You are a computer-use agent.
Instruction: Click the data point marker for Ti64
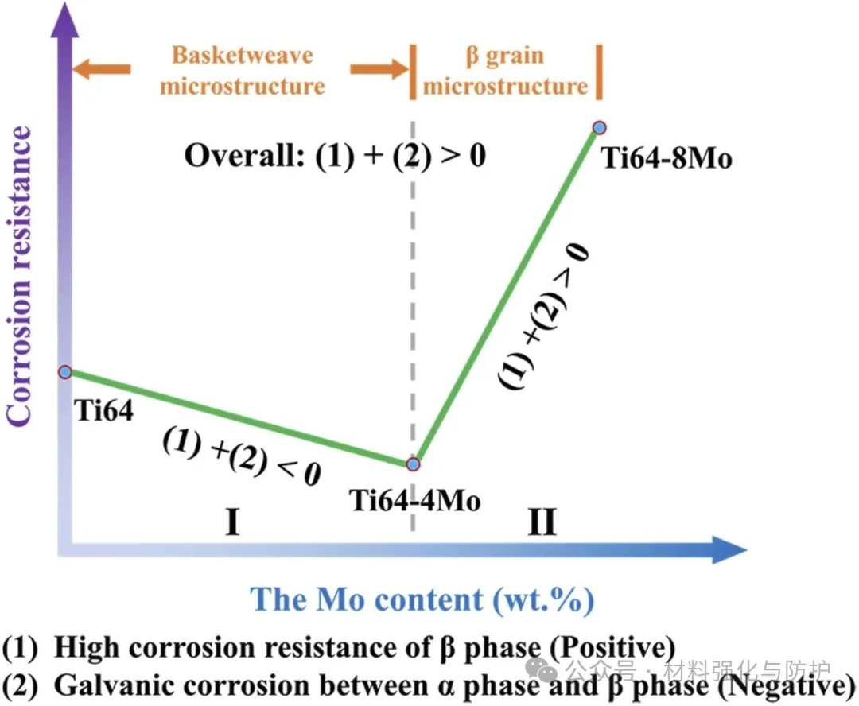click(x=66, y=371)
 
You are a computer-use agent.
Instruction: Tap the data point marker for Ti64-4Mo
click(x=413, y=464)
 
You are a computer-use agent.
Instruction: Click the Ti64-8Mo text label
click(x=666, y=158)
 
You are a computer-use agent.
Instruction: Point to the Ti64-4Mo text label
click(x=415, y=501)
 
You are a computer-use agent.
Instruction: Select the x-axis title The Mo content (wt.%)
click(x=422, y=599)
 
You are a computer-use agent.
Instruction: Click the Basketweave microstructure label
click(x=243, y=70)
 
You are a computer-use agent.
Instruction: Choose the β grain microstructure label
click(x=505, y=70)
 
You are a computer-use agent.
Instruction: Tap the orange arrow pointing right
click(x=379, y=70)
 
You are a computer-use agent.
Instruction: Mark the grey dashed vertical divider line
click(x=413, y=318)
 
